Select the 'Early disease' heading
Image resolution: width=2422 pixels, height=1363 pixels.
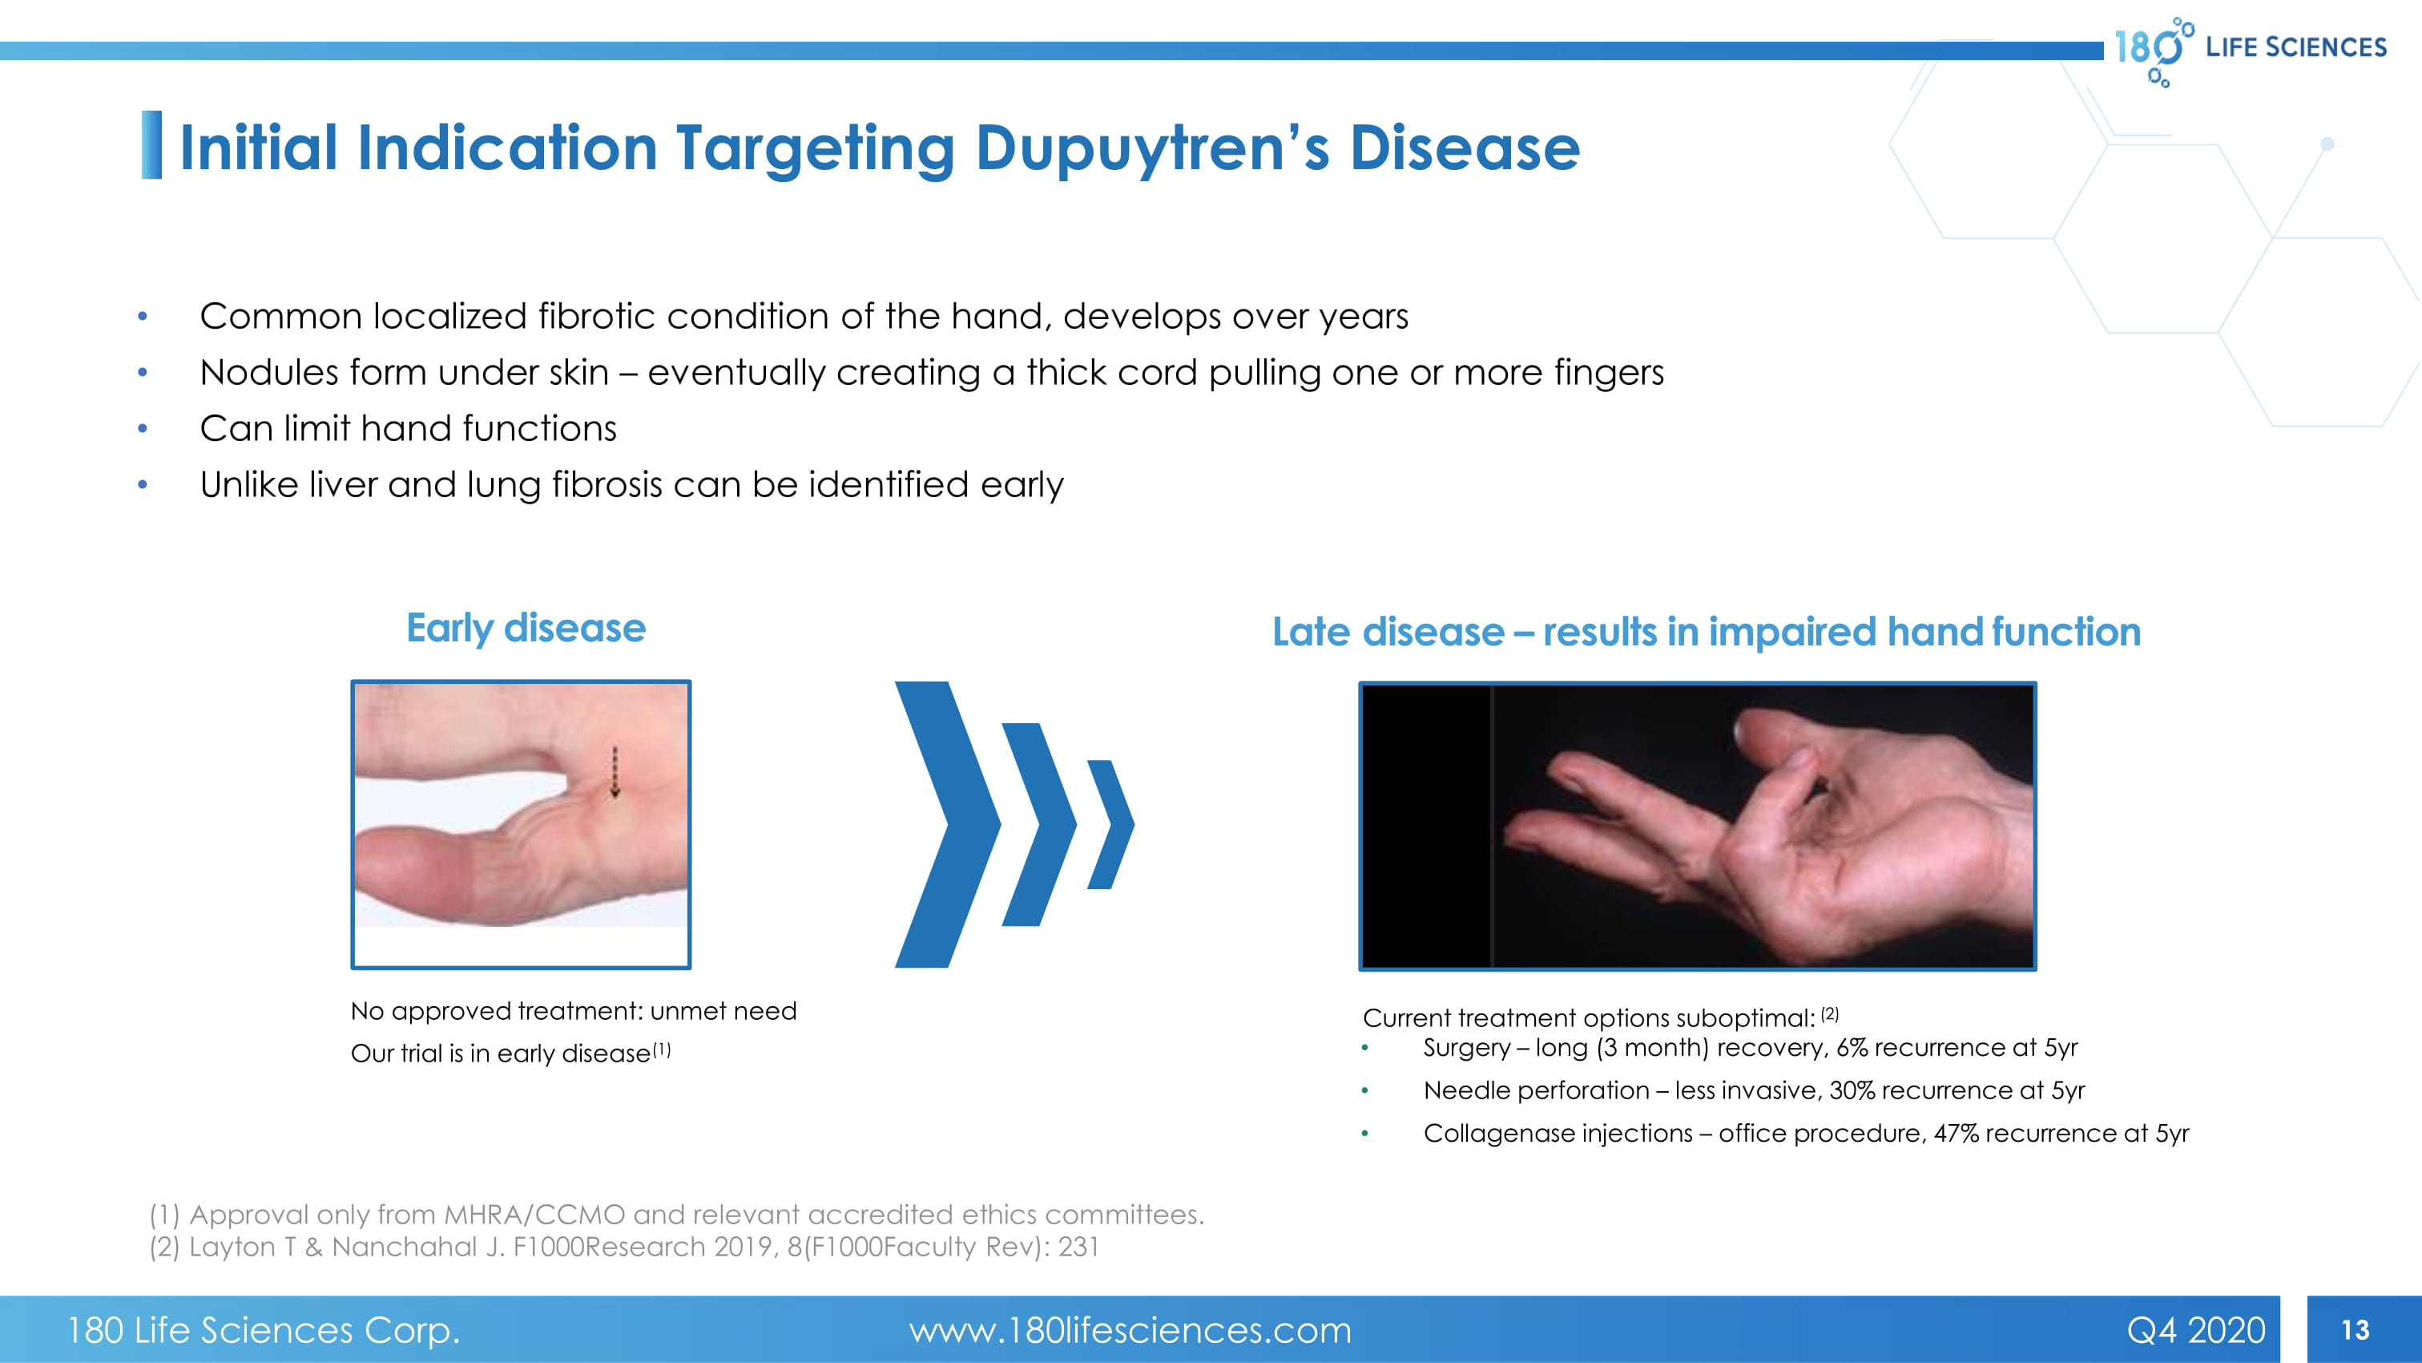[526, 629]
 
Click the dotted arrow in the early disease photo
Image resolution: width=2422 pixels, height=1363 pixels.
[615, 772]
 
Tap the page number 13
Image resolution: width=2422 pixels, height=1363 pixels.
[2356, 1330]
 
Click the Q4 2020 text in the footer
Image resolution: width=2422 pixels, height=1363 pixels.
[2195, 1330]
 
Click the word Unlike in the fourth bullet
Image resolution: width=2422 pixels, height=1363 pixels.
[249, 484]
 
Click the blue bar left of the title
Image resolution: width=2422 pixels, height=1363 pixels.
[151, 145]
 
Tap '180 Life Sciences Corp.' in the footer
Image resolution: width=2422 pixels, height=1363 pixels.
[264, 1330]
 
